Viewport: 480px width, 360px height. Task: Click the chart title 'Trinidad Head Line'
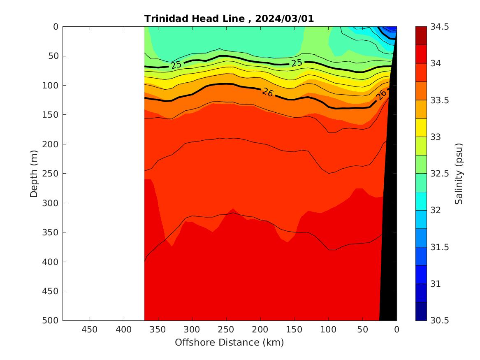[x=197, y=19]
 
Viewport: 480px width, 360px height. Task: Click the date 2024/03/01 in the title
[x=284, y=19]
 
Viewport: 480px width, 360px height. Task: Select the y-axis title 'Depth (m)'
[x=34, y=173]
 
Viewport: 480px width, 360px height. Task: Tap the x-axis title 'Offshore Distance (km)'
[x=229, y=342]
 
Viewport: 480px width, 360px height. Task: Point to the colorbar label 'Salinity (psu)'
[x=459, y=174]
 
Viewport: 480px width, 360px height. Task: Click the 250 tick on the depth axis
[x=51, y=174]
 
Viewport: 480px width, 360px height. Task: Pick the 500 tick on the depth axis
[x=51, y=321]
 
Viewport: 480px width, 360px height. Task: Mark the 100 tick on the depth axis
[x=51, y=86]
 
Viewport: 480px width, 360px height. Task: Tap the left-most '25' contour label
[x=176, y=65]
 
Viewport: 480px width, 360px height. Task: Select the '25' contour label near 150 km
[x=297, y=63]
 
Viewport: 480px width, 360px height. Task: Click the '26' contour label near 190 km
[x=267, y=93]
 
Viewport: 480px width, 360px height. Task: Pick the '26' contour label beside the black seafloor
[x=381, y=95]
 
